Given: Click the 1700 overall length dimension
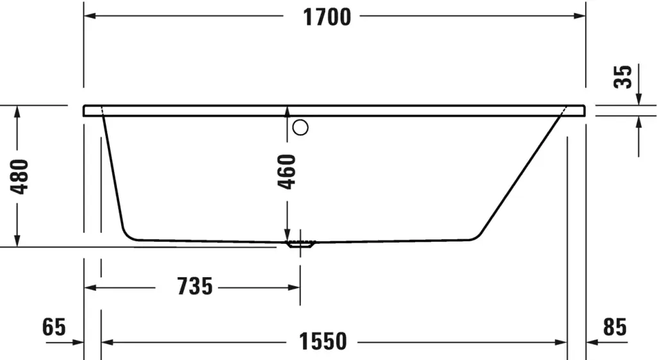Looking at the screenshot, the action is coord(327,17).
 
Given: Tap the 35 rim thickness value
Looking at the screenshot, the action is coord(622,77).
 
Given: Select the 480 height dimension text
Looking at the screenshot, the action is coord(20,176).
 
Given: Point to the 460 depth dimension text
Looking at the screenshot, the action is coord(287,172).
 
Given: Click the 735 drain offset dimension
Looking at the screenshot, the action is coord(195,287).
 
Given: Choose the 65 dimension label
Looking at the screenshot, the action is coord(54,327).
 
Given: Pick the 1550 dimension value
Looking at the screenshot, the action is coord(323,341).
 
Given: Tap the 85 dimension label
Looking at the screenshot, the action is coord(615,327).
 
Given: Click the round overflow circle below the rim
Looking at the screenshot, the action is coord(300,127).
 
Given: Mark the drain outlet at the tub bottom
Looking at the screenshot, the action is coord(300,244).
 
